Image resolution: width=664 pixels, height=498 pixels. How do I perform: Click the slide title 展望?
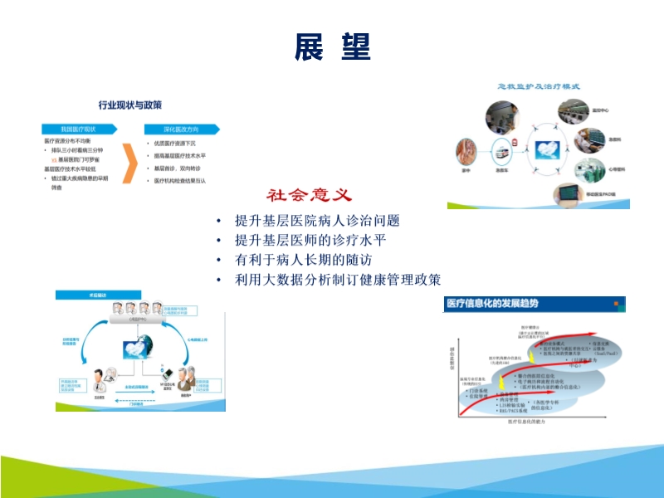(332, 47)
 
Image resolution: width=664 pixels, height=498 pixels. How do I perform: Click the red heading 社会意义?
(310, 196)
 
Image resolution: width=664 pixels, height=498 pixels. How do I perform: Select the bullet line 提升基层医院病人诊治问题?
(318, 221)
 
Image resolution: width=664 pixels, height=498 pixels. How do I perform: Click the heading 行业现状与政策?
(130, 105)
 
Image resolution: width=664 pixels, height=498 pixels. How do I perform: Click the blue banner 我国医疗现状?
(79, 129)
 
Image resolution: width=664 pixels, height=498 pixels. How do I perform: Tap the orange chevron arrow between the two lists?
(128, 163)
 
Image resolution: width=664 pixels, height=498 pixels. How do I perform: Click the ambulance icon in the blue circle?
(502, 154)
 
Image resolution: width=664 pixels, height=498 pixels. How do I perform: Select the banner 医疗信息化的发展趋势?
(493, 303)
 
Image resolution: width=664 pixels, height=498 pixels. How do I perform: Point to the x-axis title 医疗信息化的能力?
(532, 422)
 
